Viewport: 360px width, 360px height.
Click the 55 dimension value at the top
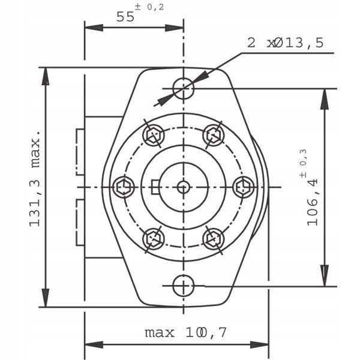(125, 17)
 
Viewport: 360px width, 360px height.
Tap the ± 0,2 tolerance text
(149, 7)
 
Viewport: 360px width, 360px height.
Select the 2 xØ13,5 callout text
(286, 43)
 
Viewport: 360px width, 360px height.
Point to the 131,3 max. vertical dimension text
(35, 179)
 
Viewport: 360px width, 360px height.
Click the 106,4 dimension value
(313, 202)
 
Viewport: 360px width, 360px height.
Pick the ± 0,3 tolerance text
(303, 163)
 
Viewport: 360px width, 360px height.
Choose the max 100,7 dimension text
(186, 332)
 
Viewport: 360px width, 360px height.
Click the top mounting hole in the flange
(183, 88)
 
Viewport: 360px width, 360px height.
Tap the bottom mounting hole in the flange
(183, 286)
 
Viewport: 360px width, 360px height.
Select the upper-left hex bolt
(153, 135)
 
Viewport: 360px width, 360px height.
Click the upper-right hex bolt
(214, 135)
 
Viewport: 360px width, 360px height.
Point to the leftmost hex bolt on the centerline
(124, 187)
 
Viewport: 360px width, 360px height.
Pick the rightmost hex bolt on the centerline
(244, 187)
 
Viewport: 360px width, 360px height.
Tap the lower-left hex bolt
(153, 239)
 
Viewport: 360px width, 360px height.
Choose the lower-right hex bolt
(214, 239)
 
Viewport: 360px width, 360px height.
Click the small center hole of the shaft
(183, 187)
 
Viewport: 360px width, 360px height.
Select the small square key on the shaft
(155, 187)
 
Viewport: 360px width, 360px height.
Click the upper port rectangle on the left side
(80, 152)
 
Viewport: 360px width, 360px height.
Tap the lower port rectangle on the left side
(80, 223)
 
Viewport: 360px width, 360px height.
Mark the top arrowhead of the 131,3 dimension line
(46, 76)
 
